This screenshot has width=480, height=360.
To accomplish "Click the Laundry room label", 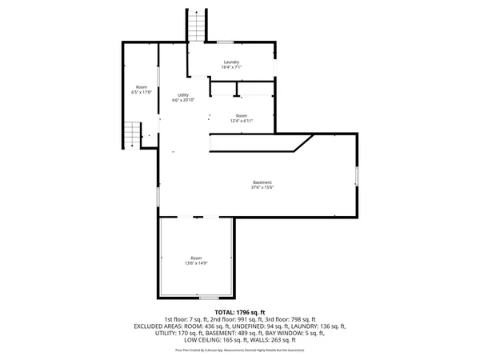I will (232, 62).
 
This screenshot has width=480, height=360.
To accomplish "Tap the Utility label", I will (183, 95).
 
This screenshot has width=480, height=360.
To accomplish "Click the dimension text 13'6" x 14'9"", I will (197, 263).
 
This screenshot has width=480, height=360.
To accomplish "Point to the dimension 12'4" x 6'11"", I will (242, 121).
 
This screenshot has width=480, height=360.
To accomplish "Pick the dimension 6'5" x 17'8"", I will (142, 92).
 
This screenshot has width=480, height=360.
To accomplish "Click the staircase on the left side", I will (131, 134).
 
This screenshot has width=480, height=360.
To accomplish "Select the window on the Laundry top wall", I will (226, 42).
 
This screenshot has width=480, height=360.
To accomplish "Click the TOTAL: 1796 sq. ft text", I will (239, 312).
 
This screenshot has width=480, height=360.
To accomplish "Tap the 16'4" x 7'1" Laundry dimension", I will (232, 68).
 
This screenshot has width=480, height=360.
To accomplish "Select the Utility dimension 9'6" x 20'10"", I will (183, 101).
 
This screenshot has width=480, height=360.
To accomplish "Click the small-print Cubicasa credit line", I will (239, 350).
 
